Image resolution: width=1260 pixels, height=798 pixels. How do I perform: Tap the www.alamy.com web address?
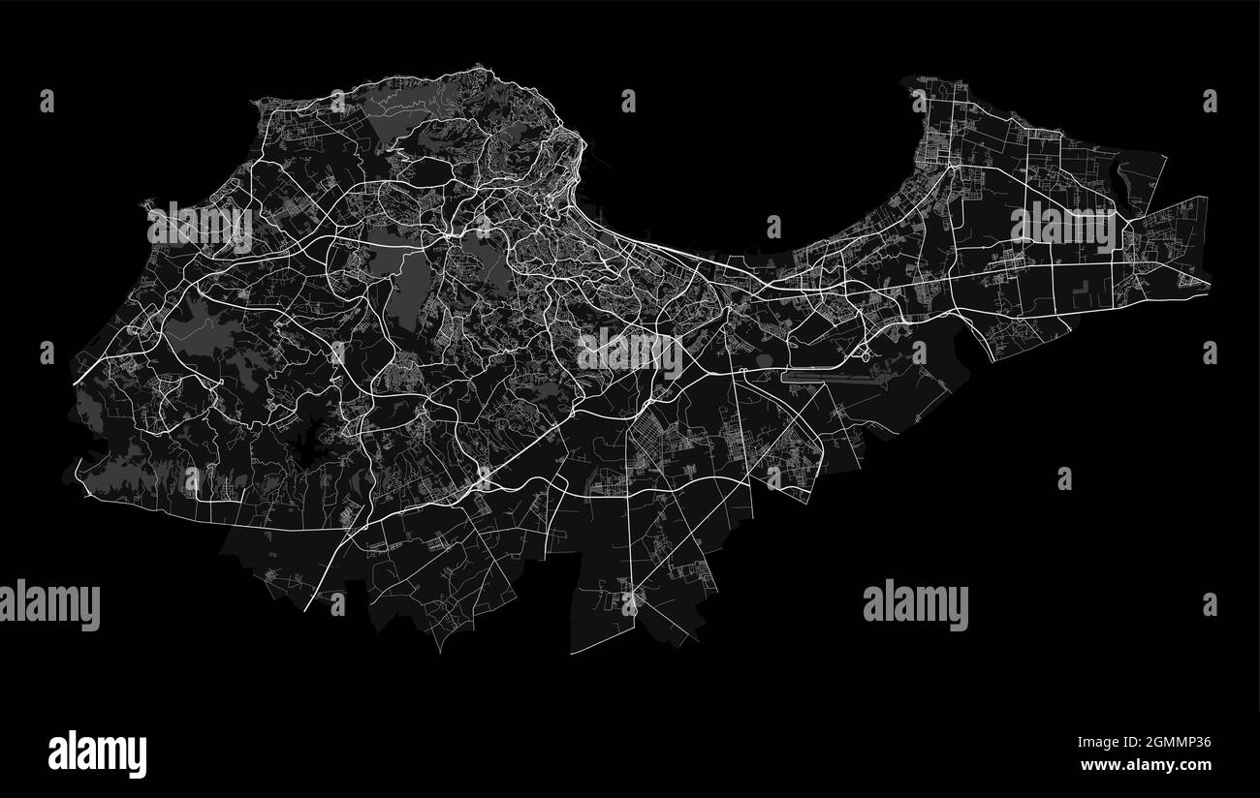pyautogui.click(x=1146, y=765)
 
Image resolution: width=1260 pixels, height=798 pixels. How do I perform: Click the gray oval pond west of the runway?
pyautogui.click(x=758, y=361)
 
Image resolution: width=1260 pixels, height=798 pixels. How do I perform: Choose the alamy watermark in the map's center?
pyautogui.click(x=630, y=352)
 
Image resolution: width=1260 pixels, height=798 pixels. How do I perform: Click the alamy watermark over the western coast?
pyautogui.click(x=200, y=226)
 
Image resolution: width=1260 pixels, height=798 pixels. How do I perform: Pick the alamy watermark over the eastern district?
pyautogui.click(x=1063, y=227)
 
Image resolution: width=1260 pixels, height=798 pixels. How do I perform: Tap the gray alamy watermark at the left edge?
pyautogui.click(x=48, y=604)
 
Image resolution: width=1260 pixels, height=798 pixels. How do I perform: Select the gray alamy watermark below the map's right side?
pyautogui.click(x=914, y=603)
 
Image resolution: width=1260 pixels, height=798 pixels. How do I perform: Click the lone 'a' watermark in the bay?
pyautogui.click(x=772, y=227)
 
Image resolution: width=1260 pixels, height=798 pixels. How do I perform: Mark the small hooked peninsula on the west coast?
pyautogui.click(x=148, y=204)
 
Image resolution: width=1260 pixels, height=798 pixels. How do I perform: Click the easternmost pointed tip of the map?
pyautogui.click(x=1210, y=284)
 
